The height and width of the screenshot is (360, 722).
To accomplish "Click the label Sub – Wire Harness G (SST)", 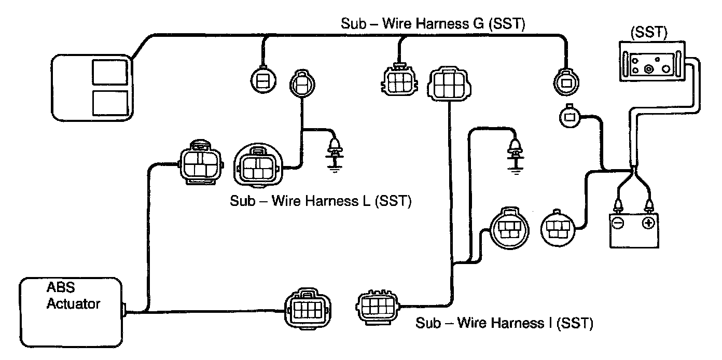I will pos(433,24).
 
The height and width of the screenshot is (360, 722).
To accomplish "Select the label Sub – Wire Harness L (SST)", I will pos(321,201).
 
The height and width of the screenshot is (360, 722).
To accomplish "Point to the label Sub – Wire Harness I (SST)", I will pos(504,323).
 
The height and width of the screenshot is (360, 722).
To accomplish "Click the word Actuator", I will pos(73,303).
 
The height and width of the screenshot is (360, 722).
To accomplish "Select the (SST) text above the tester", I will pos(648,32).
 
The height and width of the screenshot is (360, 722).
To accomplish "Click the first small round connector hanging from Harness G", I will pos(263,81).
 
